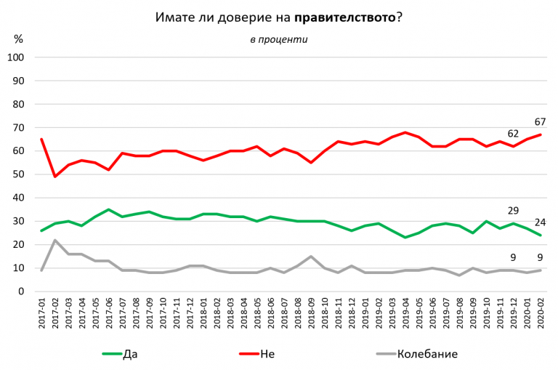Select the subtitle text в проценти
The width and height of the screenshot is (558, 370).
[x=278, y=39]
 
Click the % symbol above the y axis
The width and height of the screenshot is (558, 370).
[x=19, y=39]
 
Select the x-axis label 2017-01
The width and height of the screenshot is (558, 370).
[x=41, y=312]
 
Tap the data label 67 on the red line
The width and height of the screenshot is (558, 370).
[x=540, y=121]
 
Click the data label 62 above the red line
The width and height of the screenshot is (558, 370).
[x=512, y=133]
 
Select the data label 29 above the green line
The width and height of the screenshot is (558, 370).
[x=512, y=210]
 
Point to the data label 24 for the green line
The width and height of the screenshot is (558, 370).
[x=540, y=222]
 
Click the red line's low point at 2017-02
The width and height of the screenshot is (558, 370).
[x=55, y=177]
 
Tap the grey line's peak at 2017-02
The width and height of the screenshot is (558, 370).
[x=55, y=240]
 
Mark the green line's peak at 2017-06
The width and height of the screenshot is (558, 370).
[x=109, y=209]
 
